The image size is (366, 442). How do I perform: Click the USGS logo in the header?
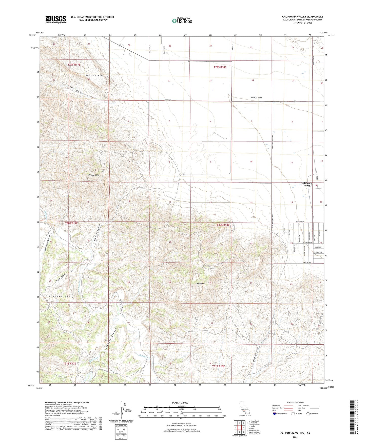pyautogui.click(x=56, y=19)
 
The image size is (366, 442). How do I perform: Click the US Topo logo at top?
pyautogui.click(x=182, y=21)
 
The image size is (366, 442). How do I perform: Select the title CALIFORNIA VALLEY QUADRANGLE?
pyautogui.click(x=302, y=17)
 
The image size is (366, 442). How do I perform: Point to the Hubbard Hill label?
pyautogui.click(x=94, y=175)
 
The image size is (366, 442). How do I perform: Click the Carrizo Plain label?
pyautogui.click(x=257, y=97)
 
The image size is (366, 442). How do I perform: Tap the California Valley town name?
pyautogui.click(x=307, y=184)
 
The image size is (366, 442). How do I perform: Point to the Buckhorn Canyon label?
pyautogui.click(x=110, y=339)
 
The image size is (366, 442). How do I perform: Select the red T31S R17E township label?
pyautogui.click(x=69, y=363)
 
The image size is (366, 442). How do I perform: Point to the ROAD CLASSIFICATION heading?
pyautogui.click(x=295, y=402)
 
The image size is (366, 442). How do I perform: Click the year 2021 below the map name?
pyautogui.click(x=295, y=437)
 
